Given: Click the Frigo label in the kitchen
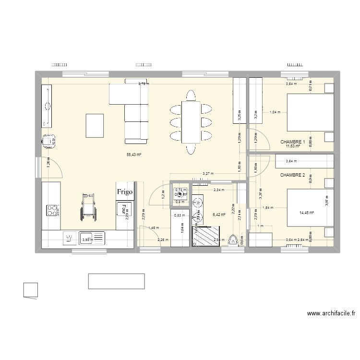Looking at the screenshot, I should [x=124, y=192].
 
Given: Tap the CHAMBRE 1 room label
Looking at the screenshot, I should [x=293, y=142].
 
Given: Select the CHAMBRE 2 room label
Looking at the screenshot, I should [x=293, y=175].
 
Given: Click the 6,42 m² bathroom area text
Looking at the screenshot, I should [x=219, y=215].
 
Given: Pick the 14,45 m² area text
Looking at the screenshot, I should [x=306, y=213].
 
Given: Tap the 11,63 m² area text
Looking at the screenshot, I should [x=292, y=146].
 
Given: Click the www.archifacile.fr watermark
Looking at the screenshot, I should [x=331, y=314].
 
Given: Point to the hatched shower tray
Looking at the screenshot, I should [x=206, y=236].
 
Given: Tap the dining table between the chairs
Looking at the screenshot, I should [x=191, y=122].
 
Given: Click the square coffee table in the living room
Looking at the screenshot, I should [x=95, y=124].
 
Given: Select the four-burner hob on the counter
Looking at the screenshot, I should [x=51, y=210].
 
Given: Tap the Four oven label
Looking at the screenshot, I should [x=124, y=210].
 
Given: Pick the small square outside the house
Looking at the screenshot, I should [x=31, y=290].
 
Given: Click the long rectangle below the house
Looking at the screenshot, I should [x=116, y=281].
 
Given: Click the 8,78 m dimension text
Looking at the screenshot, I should [x=144, y=84].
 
